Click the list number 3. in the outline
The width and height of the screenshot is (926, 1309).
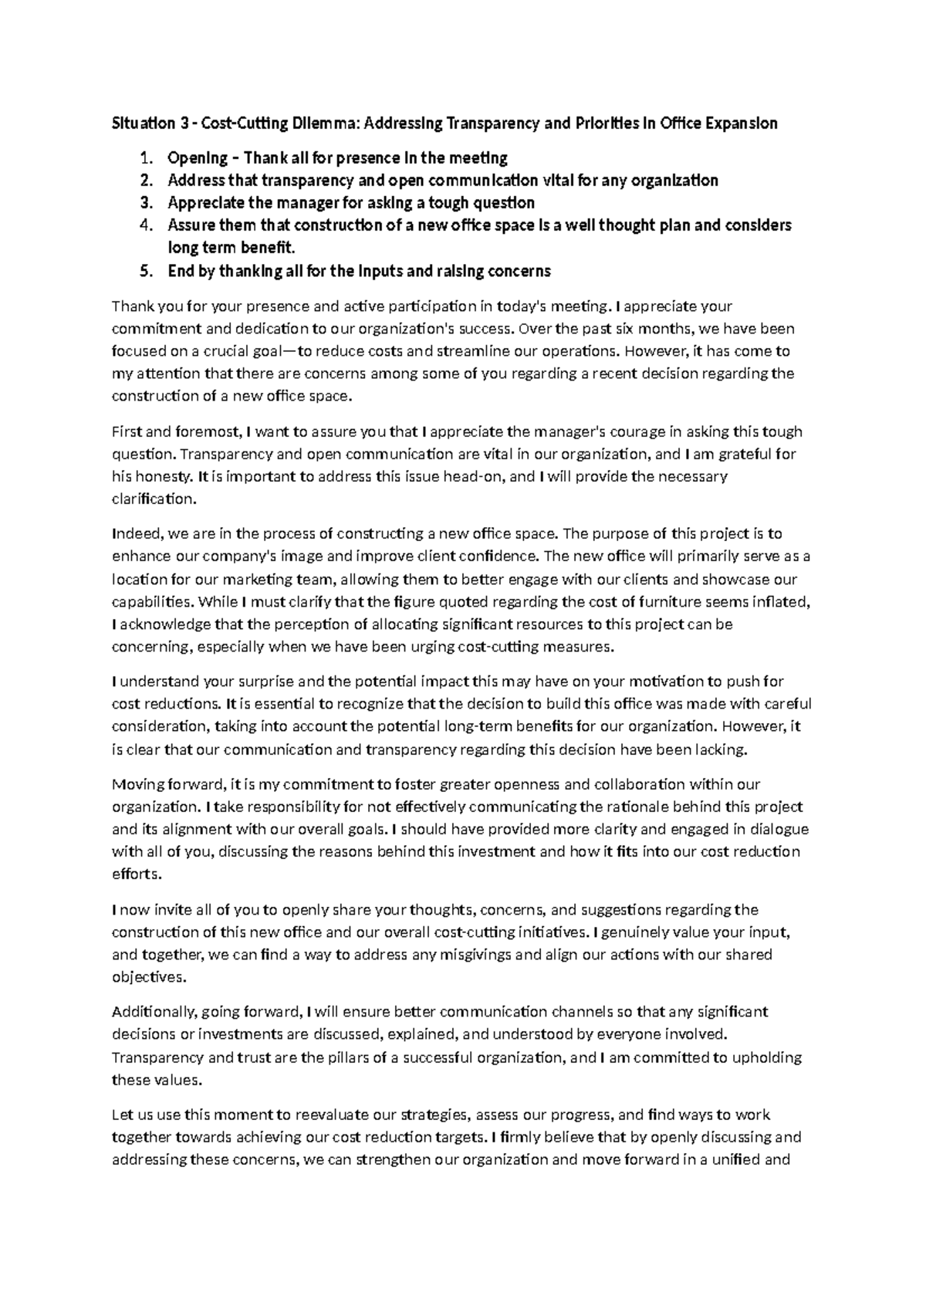147,203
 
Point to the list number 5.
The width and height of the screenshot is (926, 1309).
147,271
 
